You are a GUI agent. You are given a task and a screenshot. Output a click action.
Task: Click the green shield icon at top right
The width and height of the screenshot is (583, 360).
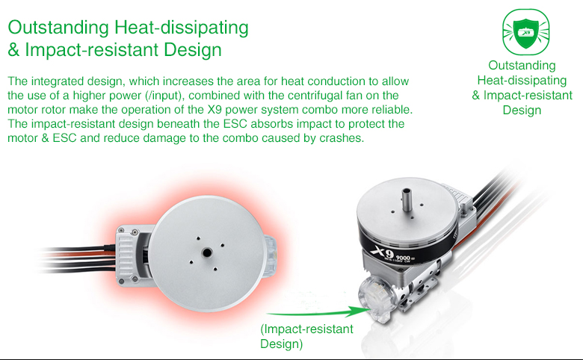click(x=525, y=32)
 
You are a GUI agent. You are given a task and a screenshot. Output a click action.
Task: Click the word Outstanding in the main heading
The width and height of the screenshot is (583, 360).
click(x=58, y=28)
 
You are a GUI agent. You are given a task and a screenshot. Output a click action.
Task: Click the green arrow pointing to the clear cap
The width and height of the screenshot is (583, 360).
click(x=318, y=312)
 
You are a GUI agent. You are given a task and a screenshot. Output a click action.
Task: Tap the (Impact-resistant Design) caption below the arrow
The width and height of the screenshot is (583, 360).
click(x=306, y=336)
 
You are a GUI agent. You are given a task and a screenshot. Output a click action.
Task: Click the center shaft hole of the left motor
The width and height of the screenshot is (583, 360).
click(x=206, y=253)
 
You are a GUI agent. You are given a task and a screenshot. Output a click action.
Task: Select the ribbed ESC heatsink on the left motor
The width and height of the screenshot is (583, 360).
click(x=126, y=255)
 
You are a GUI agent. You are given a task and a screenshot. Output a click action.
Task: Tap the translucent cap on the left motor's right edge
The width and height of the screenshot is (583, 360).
click(x=271, y=257)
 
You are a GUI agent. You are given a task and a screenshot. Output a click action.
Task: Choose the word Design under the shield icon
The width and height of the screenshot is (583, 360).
click(x=522, y=111)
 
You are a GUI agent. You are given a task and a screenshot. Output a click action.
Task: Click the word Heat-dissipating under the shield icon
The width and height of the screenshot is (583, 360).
click(x=522, y=80)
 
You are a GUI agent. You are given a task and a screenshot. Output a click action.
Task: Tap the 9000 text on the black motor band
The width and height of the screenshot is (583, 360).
click(x=403, y=258)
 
